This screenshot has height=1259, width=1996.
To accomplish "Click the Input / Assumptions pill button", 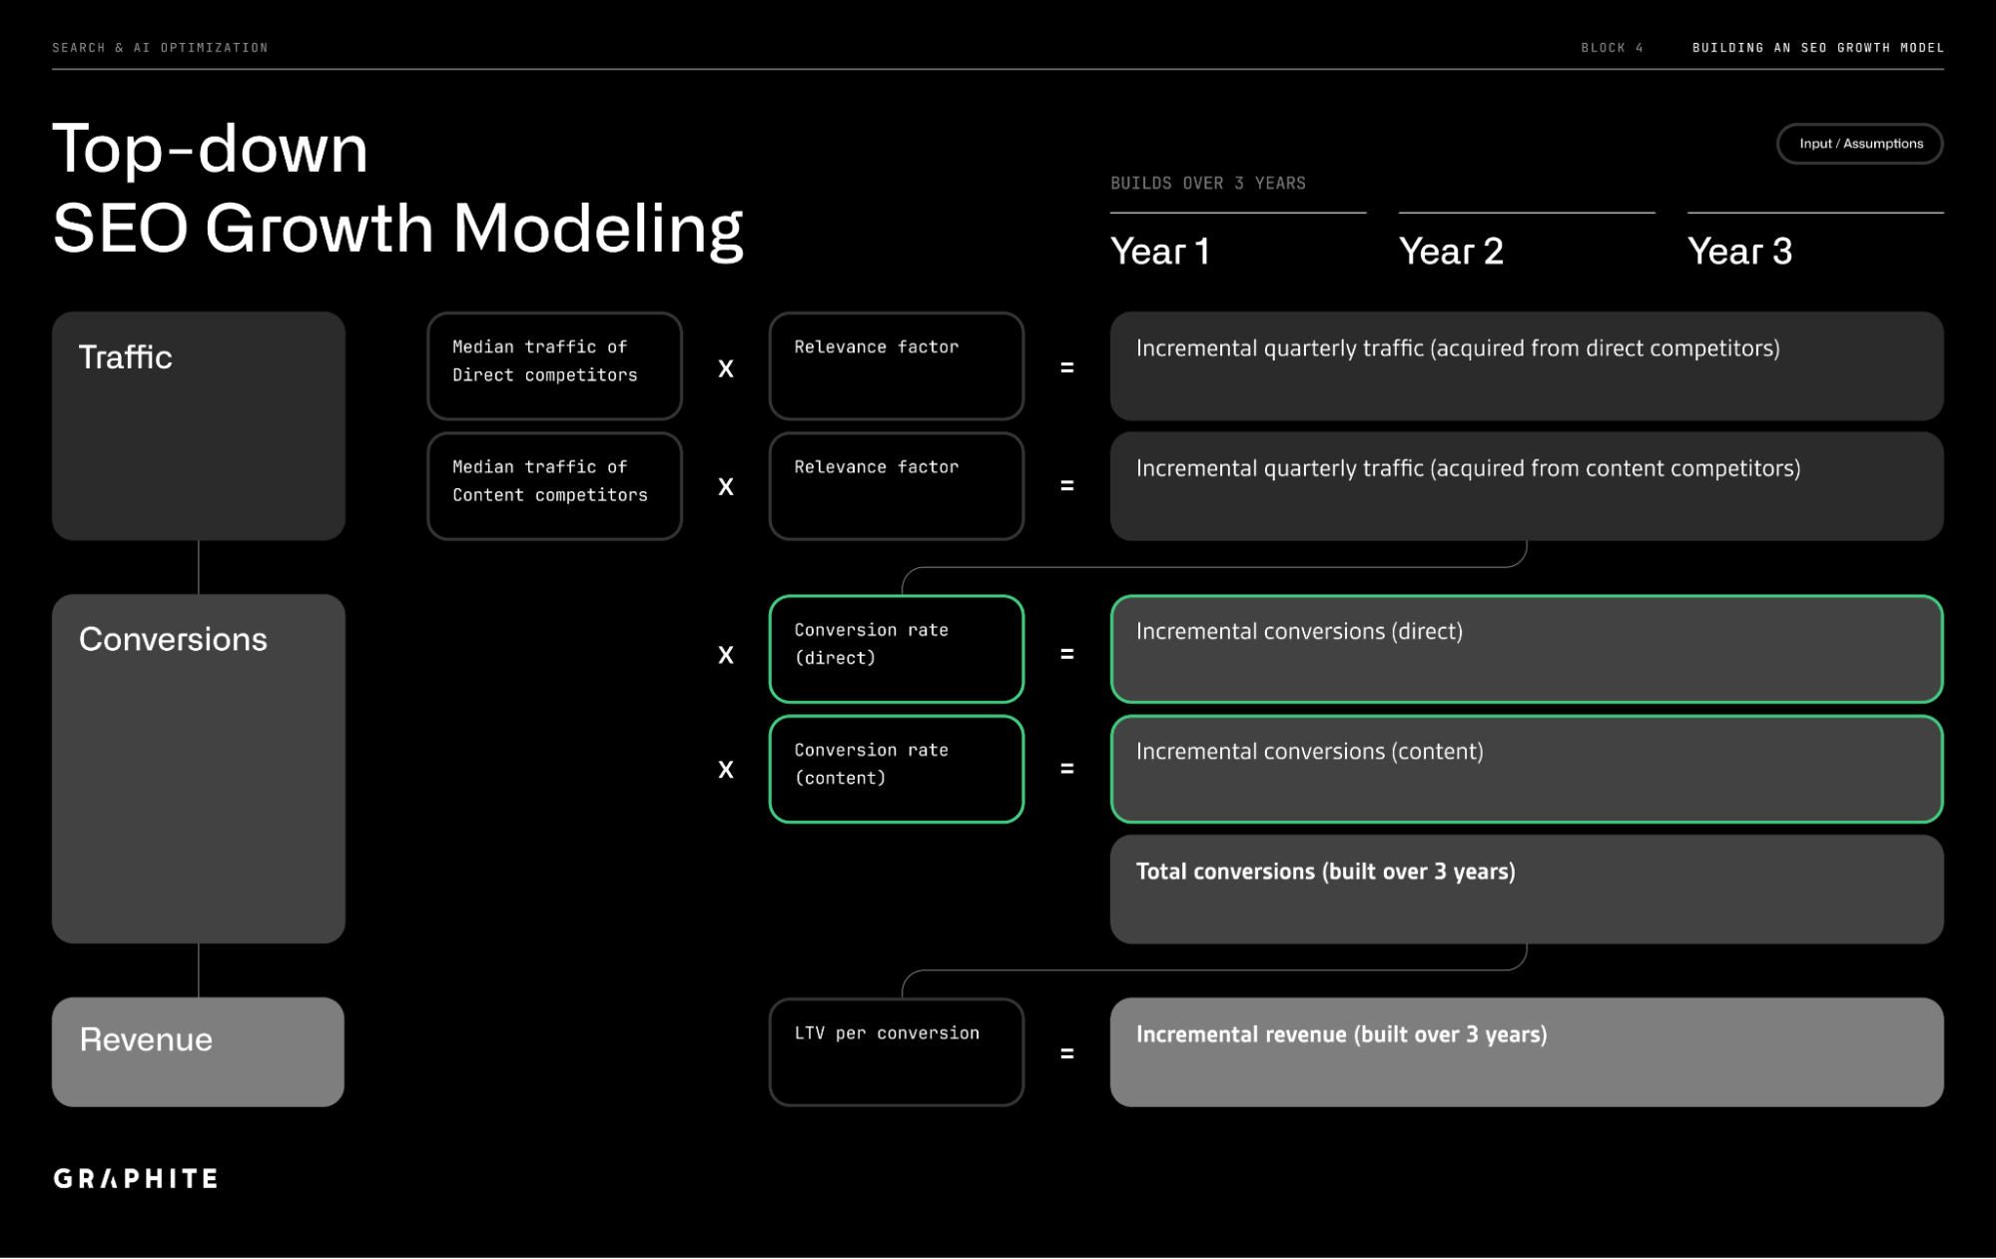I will click(1859, 144).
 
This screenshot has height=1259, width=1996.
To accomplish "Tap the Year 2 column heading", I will click(1450, 252).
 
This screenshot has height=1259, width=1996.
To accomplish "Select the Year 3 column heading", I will click(1738, 252).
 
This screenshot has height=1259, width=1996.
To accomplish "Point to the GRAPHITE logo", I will click(136, 1178).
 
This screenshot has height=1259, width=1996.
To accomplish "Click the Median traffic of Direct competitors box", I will click(554, 365).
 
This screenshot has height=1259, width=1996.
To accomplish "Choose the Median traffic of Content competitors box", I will click(554, 485).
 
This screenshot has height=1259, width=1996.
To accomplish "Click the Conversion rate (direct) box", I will click(896, 649).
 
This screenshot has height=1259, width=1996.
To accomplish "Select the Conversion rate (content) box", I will click(896, 769).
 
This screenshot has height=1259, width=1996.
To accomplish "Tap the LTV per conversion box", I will click(896, 1051).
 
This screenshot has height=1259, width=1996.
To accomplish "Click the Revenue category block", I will click(198, 1051).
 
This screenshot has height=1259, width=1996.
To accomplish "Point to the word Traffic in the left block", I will click(125, 357).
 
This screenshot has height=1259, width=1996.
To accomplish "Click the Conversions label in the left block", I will click(173, 639).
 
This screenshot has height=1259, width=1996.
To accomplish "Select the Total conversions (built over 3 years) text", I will click(1325, 872).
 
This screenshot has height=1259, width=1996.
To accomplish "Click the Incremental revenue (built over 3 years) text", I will click(1341, 1034).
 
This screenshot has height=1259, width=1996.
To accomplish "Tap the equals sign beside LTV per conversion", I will click(1066, 1053).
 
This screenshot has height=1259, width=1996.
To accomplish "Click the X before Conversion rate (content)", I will click(726, 770).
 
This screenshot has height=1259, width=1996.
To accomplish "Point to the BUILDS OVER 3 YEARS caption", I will click(1207, 184).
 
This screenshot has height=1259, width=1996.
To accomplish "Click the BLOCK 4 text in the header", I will click(1612, 48).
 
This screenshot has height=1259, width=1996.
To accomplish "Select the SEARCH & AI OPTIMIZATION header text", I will click(160, 48).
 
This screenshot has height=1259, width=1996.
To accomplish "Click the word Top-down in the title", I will click(210, 150).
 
